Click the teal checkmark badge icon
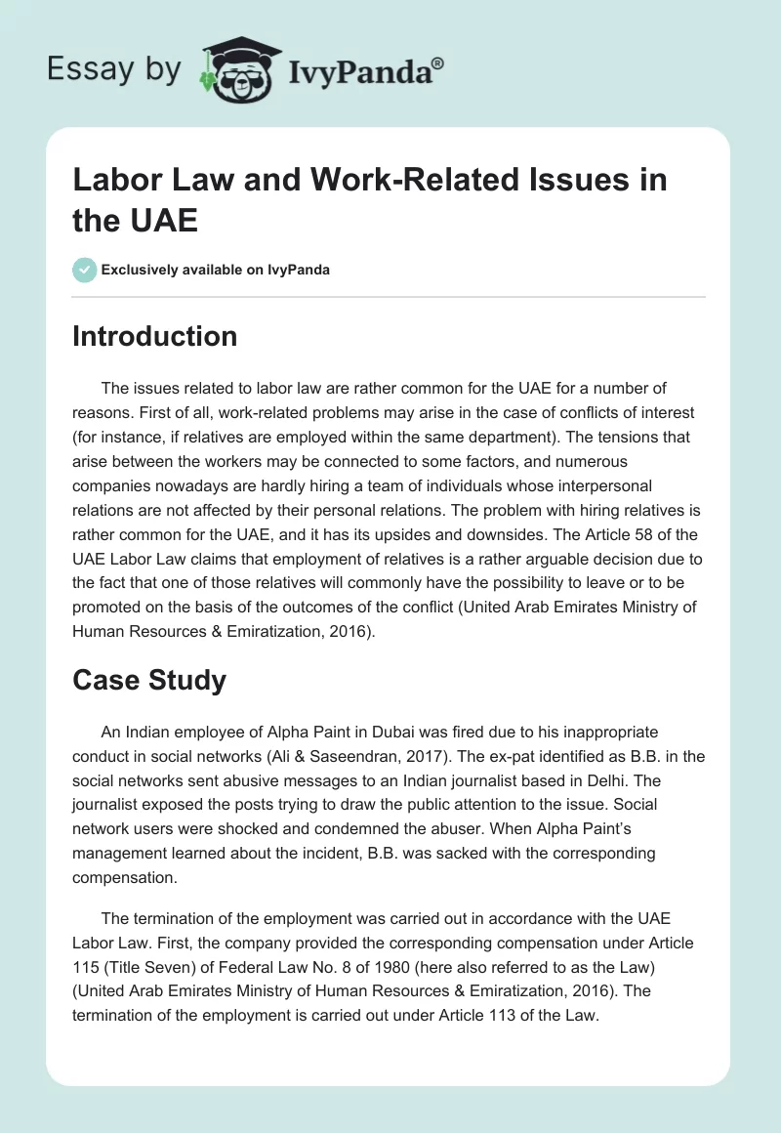click(85, 270)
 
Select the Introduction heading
click(154, 336)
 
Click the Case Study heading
click(149, 680)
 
